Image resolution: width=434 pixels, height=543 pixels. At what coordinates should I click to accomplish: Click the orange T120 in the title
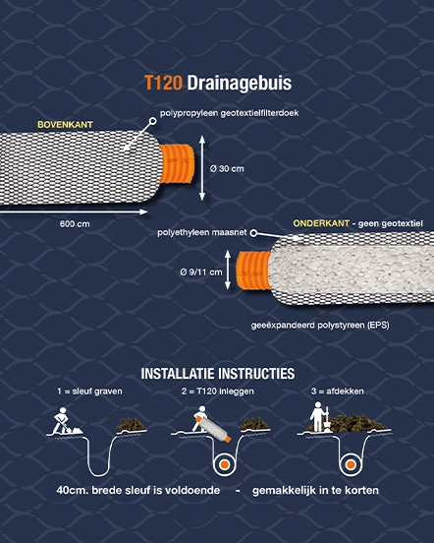pos(163,83)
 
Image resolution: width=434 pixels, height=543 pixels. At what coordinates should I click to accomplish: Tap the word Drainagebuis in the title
pos(240,84)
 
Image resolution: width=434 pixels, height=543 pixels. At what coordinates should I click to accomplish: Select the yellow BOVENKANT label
pos(66,125)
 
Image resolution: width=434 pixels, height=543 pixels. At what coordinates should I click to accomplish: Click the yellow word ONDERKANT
pos(321,223)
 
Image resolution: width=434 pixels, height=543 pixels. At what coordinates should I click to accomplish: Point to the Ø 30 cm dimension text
pos(227,169)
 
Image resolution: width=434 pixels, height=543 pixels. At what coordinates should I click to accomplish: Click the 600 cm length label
pos(75,224)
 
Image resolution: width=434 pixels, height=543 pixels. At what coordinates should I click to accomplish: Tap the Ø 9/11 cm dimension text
pos(200,272)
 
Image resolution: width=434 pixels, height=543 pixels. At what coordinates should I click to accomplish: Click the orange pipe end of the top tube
pos(177,163)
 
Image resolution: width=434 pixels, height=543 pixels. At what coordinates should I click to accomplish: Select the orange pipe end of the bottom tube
pos(253,271)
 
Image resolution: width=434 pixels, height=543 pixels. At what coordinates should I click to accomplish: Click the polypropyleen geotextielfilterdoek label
pos(229,113)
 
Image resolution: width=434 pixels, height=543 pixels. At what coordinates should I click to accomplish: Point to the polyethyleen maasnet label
pos(202,232)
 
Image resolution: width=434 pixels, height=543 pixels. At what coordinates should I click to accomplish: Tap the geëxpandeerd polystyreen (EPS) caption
pos(320,326)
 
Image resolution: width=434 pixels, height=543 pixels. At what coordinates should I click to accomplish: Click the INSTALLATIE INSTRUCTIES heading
pos(218,374)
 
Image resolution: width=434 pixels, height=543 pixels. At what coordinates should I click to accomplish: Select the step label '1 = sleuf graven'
pos(89,392)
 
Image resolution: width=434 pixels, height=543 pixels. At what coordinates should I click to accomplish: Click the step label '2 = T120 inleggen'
pos(217,392)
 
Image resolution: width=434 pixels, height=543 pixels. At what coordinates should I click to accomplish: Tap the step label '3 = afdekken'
pos(337,392)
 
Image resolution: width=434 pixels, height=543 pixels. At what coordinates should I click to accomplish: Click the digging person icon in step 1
pos(63,421)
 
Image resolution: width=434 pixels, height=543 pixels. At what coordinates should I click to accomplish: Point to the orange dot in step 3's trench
pos(351,464)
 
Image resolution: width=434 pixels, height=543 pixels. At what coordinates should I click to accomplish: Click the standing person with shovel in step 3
pos(319,417)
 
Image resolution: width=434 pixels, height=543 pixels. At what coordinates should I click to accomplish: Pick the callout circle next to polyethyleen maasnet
pos(253,233)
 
